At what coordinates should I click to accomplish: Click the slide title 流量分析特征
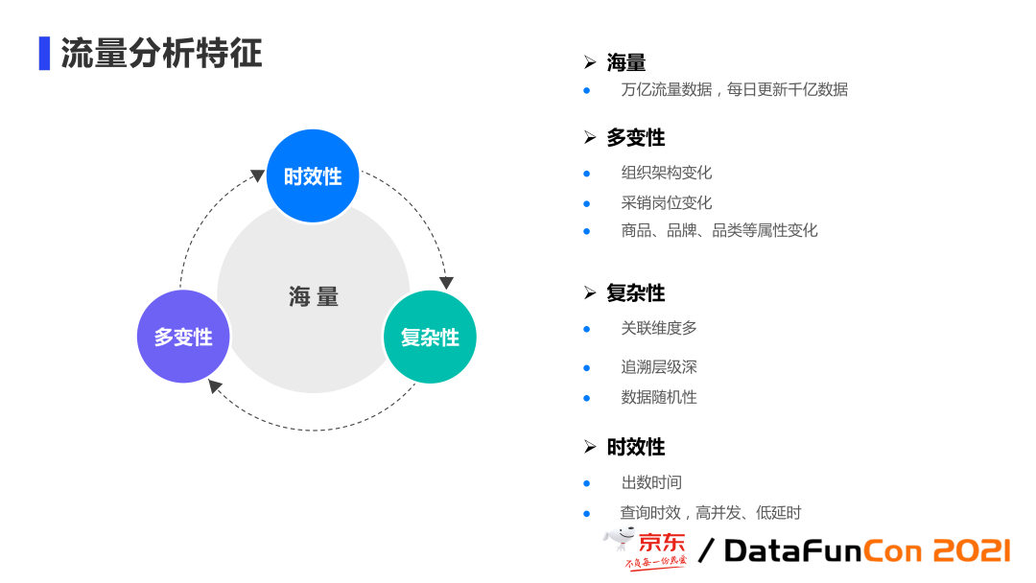click(x=161, y=54)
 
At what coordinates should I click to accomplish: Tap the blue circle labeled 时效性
click(x=313, y=175)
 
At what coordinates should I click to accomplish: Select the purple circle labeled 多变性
click(x=183, y=337)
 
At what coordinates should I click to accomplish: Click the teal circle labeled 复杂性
click(x=430, y=337)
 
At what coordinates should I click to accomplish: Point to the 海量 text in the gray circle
click(x=314, y=296)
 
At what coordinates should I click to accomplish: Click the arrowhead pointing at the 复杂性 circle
click(x=446, y=282)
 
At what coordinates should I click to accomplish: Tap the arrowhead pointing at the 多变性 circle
click(x=216, y=386)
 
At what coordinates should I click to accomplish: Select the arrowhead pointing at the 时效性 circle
click(x=257, y=175)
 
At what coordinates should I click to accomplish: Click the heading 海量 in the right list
click(x=626, y=63)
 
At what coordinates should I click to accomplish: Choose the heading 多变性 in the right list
click(x=635, y=138)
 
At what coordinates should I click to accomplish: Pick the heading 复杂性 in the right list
click(x=635, y=293)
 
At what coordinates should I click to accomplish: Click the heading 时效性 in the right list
click(x=635, y=448)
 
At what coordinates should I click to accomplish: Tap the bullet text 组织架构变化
click(x=667, y=174)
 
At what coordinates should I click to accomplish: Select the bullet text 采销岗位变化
click(x=667, y=203)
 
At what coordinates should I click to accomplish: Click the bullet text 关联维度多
click(x=659, y=328)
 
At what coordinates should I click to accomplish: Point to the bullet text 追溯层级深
click(x=659, y=367)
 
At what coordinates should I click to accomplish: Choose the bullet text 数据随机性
click(x=659, y=397)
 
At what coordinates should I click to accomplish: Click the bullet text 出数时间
click(x=651, y=482)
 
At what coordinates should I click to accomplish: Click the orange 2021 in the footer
click(x=971, y=550)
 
